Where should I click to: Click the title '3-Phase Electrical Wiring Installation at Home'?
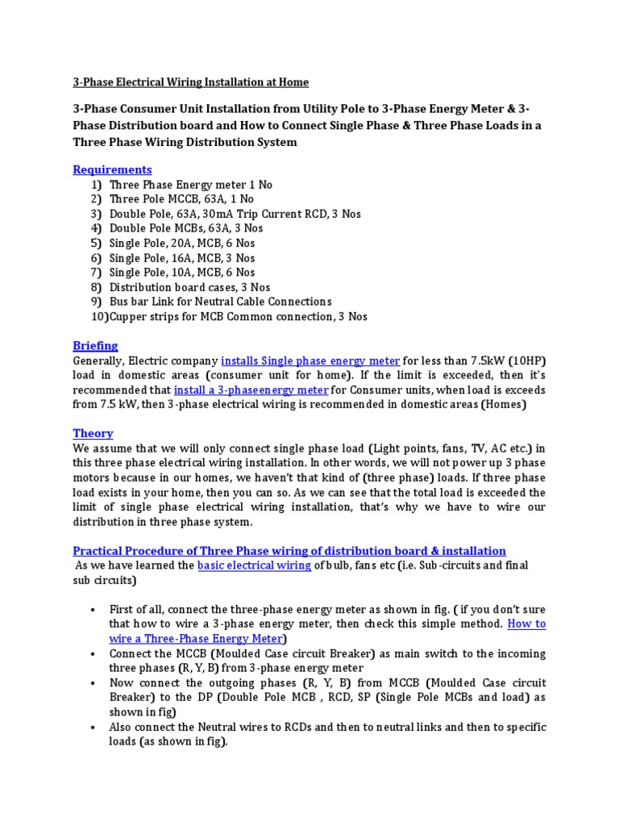tap(190, 82)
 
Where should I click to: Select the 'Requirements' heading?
tap(112, 169)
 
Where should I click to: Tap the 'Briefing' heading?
tap(95, 345)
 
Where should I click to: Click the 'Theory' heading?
tap(93, 433)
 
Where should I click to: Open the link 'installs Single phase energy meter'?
tap(310, 361)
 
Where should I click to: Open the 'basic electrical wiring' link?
tap(254, 565)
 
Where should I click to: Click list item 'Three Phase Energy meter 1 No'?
tap(190, 185)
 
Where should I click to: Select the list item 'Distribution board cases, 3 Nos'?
tap(189, 287)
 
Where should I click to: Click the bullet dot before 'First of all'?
tap(94, 610)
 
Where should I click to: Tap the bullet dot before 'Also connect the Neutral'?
tap(94, 728)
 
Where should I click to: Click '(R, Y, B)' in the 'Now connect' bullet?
tap(391, 683)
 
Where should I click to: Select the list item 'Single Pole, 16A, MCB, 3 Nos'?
tap(181, 258)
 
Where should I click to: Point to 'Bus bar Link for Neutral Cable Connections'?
tap(220, 302)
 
